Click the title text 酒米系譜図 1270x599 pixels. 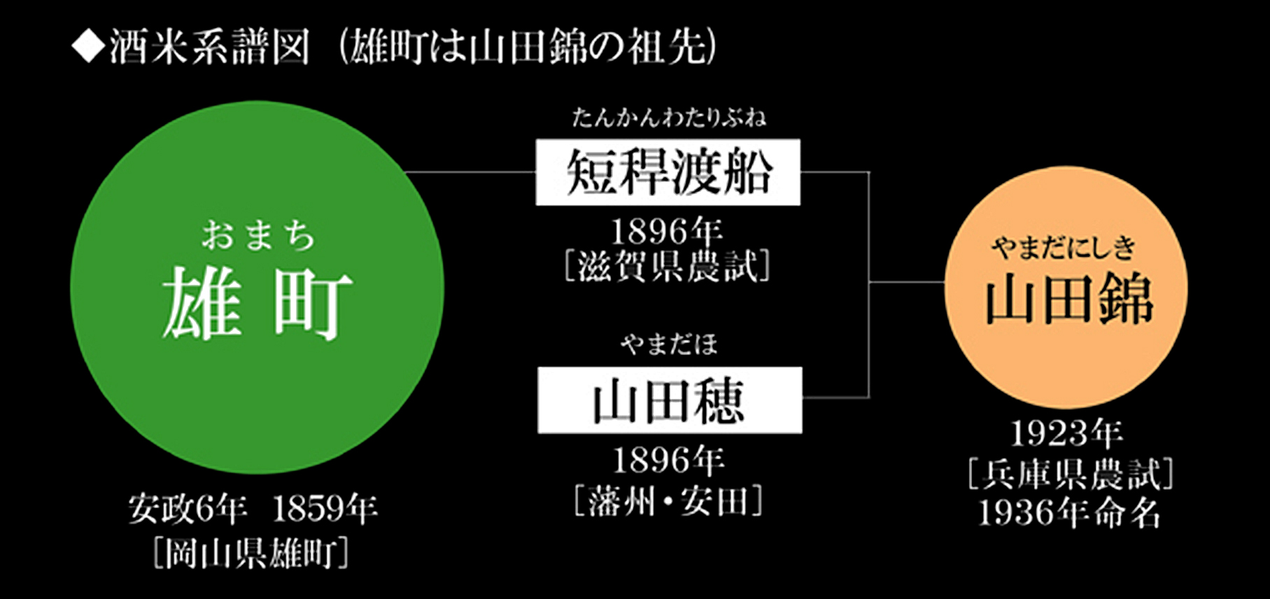(209, 48)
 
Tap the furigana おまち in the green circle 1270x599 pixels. (258, 236)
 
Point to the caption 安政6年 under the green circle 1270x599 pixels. (187, 509)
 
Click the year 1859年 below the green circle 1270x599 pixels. (324, 509)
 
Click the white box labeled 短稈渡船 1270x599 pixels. (668, 172)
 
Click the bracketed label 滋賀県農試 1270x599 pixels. (667, 267)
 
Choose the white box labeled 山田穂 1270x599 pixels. (670, 400)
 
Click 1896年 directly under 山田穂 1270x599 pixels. (668, 460)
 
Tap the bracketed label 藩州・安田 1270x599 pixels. (668, 500)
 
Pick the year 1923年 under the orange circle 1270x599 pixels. (1066, 434)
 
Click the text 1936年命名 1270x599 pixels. (1069, 513)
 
